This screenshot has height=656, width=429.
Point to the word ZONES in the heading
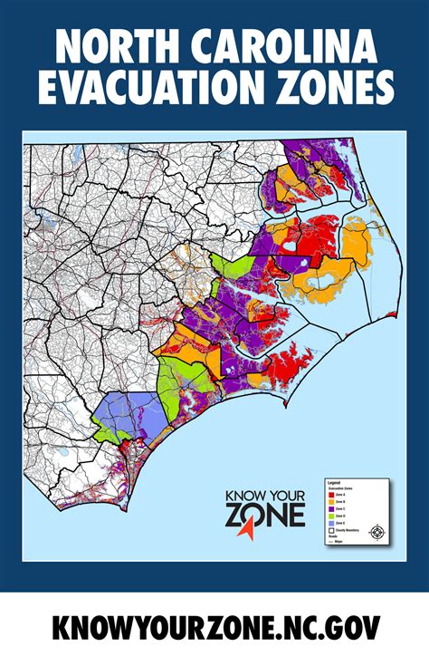339,89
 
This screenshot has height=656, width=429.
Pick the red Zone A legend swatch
330,495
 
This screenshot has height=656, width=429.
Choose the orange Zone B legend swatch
330,502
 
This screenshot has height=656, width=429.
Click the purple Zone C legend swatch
330,508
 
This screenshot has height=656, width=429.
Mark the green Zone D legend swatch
330,516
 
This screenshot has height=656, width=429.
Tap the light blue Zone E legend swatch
330,523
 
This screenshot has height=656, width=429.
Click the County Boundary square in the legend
330,530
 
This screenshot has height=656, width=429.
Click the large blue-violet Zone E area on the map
127,413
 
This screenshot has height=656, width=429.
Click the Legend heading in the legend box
333,484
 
